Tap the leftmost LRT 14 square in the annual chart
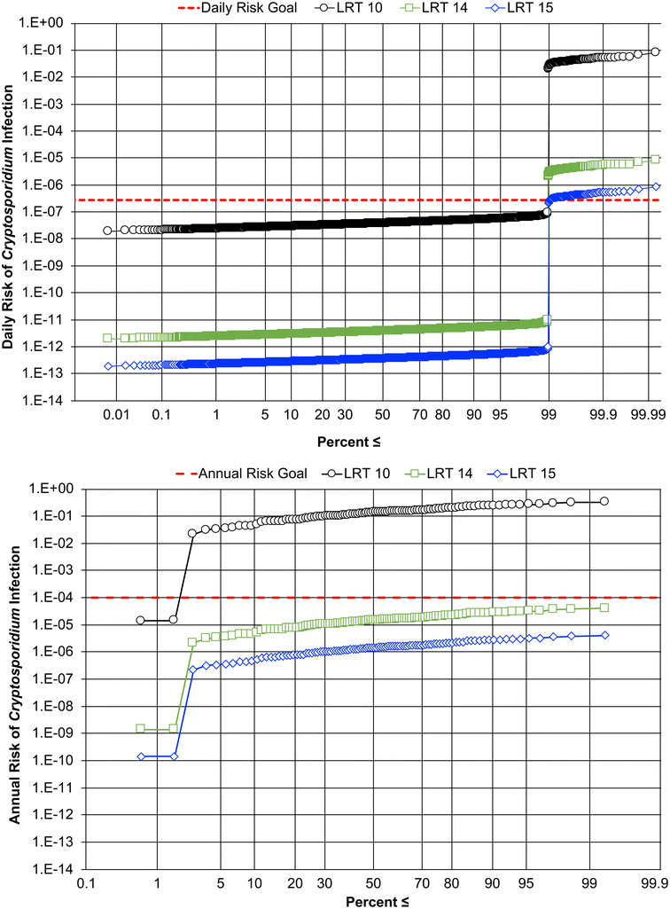coord(140,728)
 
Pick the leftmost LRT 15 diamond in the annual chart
coord(140,756)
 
